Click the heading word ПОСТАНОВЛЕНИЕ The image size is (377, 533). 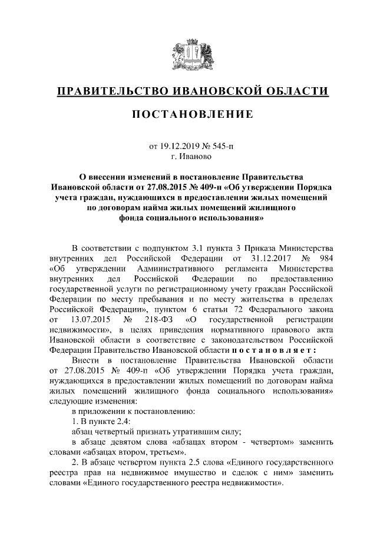[191, 113]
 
